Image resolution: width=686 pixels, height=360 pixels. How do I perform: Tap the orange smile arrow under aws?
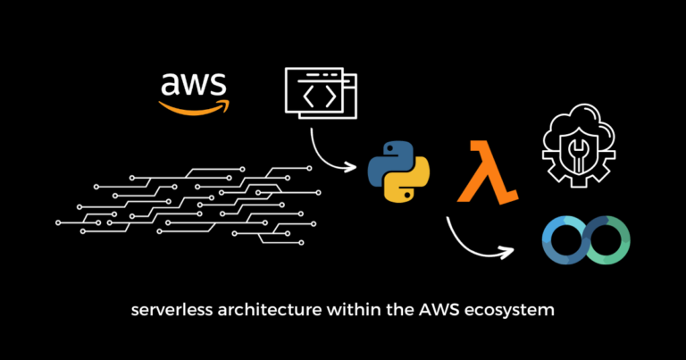point(194,106)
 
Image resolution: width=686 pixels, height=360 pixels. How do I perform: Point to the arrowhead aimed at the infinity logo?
point(509,252)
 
